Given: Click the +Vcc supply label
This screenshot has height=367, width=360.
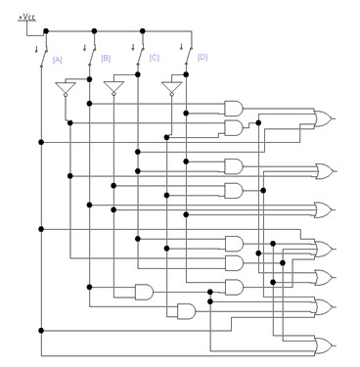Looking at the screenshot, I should (29, 17).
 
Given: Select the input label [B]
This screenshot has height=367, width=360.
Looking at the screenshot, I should (106, 59).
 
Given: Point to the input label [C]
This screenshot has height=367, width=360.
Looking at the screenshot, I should (155, 59).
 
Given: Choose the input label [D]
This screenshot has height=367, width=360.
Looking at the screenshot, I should (202, 58).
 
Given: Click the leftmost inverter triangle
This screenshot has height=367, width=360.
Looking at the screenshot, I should (66, 90).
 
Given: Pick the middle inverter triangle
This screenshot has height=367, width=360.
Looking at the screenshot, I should (113, 90).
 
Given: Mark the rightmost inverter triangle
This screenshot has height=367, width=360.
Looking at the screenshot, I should (171, 90).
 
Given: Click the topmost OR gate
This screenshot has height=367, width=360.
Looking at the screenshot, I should (322, 118).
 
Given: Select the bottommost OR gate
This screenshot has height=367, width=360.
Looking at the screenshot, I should (322, 344).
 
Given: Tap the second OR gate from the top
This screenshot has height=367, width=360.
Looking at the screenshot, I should (322, 171).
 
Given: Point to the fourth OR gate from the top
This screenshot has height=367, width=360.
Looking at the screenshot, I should (322, 248).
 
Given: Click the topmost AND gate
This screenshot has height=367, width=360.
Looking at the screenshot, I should (235, 109).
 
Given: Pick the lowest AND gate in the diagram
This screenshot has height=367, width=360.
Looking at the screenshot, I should (185, 311).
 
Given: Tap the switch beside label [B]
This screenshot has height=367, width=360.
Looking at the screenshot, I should (91, 54).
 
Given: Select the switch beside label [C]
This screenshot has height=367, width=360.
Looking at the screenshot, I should (140, 54).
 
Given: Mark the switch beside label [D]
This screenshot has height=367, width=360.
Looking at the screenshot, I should (188, 54).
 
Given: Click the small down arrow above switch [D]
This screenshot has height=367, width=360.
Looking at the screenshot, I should (181, 46).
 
